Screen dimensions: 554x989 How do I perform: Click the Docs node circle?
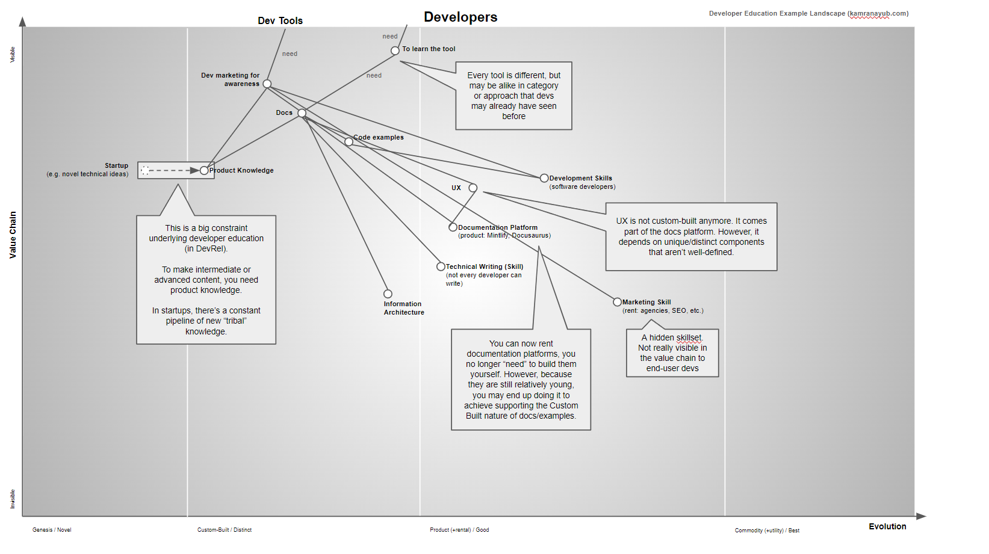[302, 113]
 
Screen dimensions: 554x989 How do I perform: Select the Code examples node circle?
[349, 142]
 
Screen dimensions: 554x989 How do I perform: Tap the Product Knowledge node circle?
[205, 171]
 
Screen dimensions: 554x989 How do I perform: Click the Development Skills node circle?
[544, 178]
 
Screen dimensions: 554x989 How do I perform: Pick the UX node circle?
[473, 188]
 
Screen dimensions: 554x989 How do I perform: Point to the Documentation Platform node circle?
[453, 227]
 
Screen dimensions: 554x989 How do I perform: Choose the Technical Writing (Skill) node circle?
[441, 266]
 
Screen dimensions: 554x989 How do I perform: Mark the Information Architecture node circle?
[388, 294]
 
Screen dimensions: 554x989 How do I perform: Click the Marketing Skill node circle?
[617, 302]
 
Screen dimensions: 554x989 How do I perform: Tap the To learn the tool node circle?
[395, 51]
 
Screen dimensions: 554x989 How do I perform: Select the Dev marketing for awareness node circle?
[267, 84]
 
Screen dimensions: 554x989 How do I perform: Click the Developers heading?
[460, 17]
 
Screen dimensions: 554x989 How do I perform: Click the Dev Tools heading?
[280, 20]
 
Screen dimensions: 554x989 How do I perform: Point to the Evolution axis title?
[887, 526]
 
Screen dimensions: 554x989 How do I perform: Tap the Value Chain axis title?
[13, 235]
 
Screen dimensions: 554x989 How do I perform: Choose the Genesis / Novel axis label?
[52, 530]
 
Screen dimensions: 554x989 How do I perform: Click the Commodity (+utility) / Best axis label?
[767, 531]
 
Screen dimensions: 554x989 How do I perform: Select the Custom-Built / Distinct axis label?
[225, 530]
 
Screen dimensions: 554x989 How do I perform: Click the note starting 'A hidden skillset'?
[672, 353]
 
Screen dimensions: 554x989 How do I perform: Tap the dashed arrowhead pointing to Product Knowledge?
[194, 171]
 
